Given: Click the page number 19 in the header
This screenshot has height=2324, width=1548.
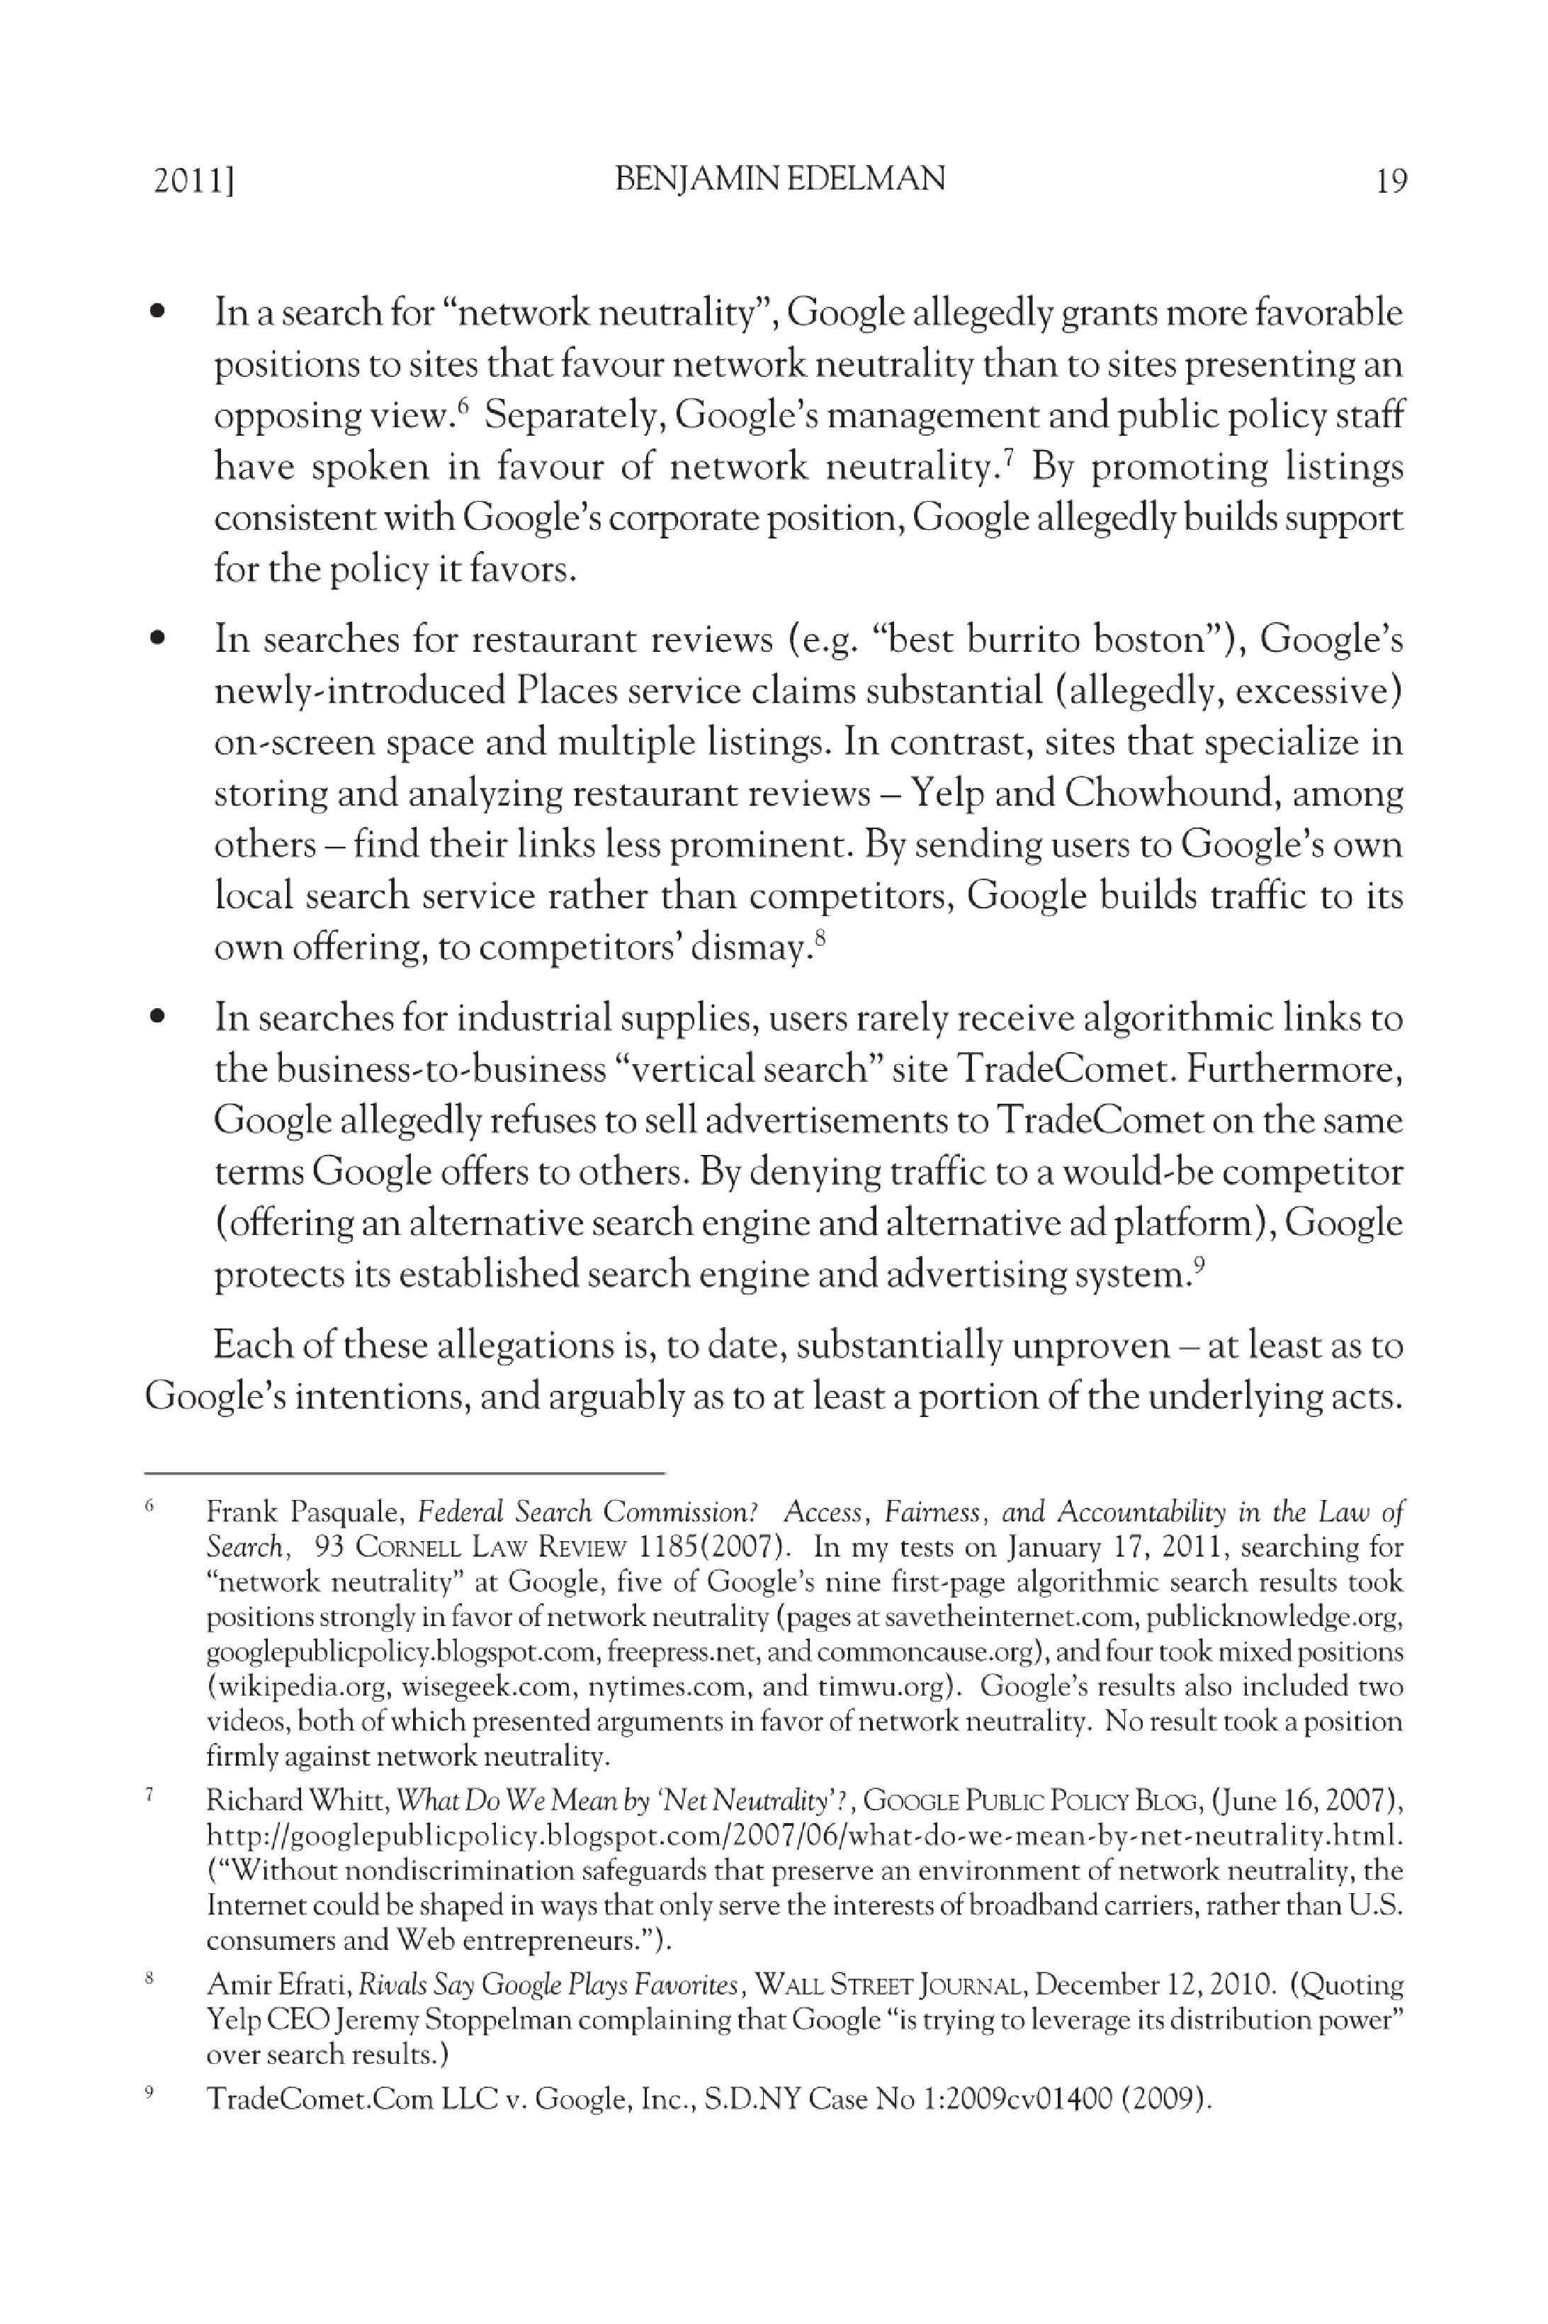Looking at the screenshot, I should pos(1390,181).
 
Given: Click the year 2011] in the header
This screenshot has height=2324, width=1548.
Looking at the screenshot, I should pos(193,181).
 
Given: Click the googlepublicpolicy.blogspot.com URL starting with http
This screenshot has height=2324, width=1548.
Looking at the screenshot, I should pos(803,1835).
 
